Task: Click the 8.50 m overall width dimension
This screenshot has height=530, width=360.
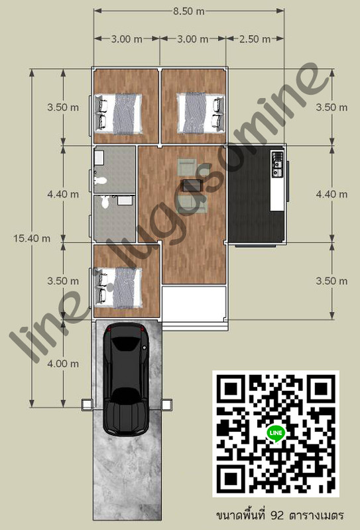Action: tap(189, 11)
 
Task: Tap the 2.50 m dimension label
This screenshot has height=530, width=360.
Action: tap(255, 39)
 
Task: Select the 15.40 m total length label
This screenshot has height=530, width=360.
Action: tap(32, 238)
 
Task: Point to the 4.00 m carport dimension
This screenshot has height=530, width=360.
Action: tap(63, 364)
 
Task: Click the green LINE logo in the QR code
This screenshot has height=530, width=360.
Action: tap(276, 433)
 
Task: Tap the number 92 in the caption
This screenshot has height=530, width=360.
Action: tap(277, 515)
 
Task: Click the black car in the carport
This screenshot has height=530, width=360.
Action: tap(126, 379)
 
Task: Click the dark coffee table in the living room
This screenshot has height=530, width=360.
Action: tap(192, 185)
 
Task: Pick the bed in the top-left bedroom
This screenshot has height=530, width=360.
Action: tap(118, 113)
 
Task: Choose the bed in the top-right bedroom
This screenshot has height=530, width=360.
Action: tap(201, 113)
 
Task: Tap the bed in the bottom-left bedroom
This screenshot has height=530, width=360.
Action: tap(118, 288)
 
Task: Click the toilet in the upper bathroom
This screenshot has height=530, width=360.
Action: tap(101, 180)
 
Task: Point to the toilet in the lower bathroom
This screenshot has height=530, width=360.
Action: tap(105, 202)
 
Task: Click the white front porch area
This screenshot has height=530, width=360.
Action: tap(194, 303)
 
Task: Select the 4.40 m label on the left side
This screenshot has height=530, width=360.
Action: tap(63, 194)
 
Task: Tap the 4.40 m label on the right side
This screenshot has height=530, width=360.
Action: tap(331, 194)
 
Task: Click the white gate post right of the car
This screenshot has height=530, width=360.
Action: tap(167, 405)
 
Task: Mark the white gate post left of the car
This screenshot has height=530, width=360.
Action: tap(88, 405)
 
